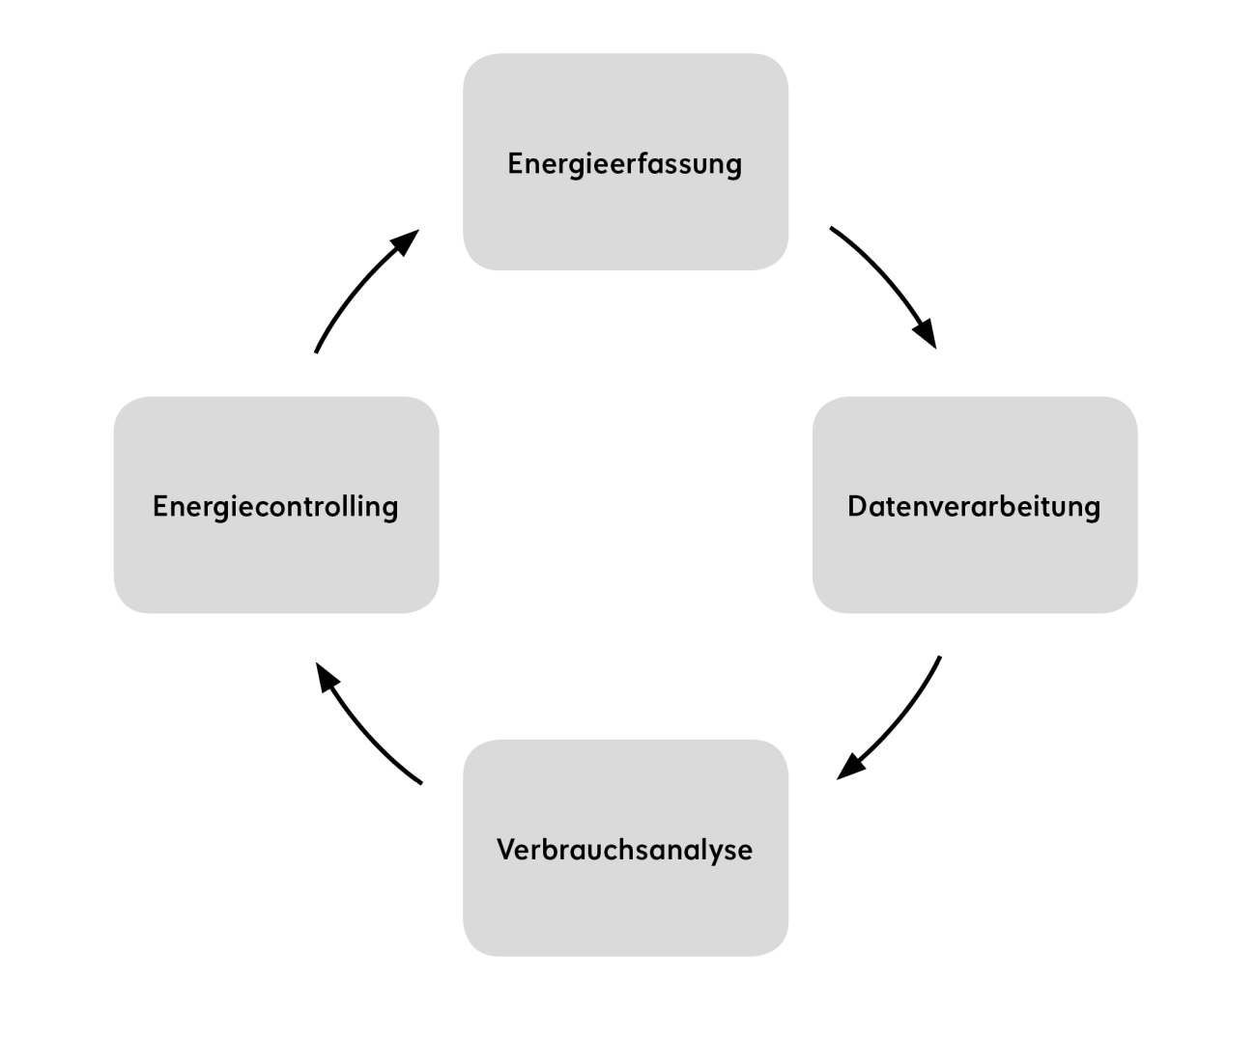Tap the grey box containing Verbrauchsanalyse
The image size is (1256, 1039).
[x=625, y=908]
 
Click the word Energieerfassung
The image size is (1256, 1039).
[x=625, y=164]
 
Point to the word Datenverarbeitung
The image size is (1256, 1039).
[x=974, y=507]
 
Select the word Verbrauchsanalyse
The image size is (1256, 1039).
[x=624, y=850]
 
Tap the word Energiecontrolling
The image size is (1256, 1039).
[x=275, y=507]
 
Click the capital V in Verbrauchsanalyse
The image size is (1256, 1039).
[x=504, y=850]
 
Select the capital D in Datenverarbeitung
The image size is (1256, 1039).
[x=856, y=507]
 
